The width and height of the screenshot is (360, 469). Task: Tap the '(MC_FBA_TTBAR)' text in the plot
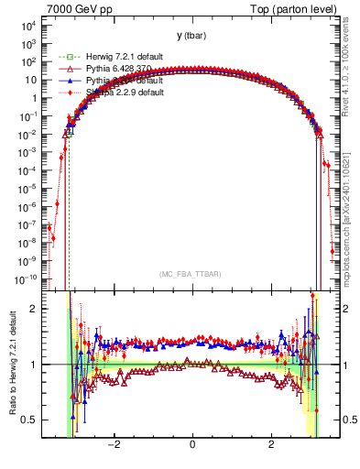(x=191, y=274)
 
